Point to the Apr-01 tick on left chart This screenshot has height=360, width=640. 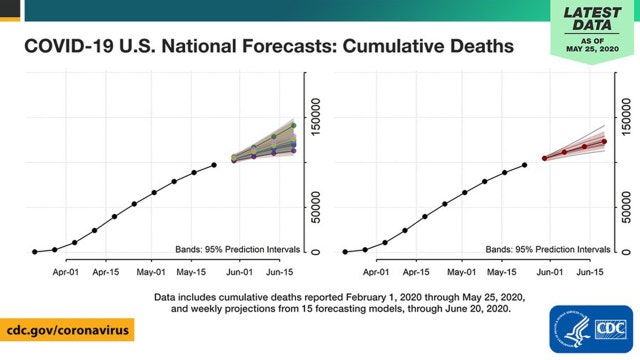tap(67, 271)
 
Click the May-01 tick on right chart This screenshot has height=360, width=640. tap(460, 271)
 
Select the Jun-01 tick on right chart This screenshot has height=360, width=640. tap(545, 271)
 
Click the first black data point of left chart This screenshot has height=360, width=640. tap(35, 252)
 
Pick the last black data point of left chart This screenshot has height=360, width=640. tap(214, 165)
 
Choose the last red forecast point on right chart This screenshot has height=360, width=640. tap(604, 141)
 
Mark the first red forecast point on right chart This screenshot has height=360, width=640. tap(544, 158)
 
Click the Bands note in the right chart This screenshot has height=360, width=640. tap(548, 247)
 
